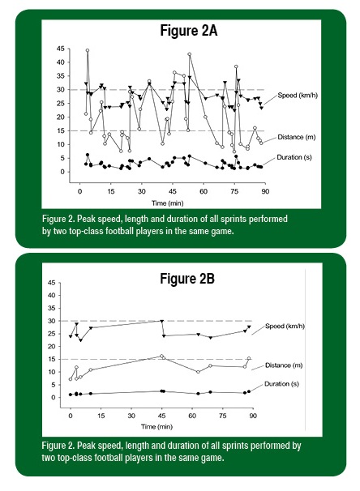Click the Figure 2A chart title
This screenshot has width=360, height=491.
tap(189, 31)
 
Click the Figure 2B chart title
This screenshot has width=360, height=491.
tap(187, 279)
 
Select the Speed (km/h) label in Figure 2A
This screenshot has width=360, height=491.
tap(298, 95)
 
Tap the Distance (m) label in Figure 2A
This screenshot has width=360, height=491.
tap(296, 137)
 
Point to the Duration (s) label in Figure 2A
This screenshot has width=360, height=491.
tap(294, 157)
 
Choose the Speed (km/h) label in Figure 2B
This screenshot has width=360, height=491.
tap(285, 326)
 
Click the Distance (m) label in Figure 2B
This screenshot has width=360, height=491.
tap(284, 365)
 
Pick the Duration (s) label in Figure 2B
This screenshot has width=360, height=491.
tap(281, 384)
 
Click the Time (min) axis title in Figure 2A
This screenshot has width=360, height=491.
tap(168, 203)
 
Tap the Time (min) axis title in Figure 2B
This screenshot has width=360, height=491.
tap(156, 426)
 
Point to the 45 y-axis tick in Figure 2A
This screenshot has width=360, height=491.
tap(61, 49)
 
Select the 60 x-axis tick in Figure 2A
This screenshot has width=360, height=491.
tap(204, 191)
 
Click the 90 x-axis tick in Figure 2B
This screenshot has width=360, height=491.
tap(253, 416)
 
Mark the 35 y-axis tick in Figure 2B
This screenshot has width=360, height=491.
tap(52, 308)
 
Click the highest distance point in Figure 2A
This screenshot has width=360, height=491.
tap(88, 50)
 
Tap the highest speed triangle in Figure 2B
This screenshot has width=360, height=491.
tap(162, 322)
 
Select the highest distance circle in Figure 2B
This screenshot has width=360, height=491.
tap(161, 356)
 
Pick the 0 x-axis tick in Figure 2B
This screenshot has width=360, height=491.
tap(71, 416)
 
